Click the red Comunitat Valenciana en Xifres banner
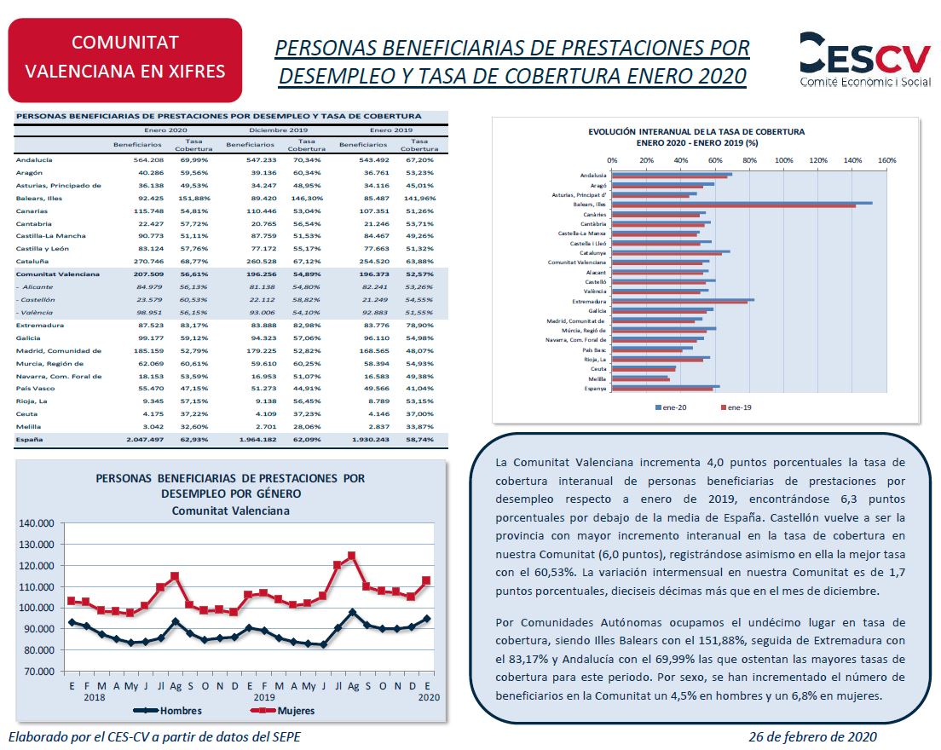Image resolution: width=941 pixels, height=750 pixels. point(125,56)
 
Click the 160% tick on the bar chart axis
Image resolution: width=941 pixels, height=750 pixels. point(886,160)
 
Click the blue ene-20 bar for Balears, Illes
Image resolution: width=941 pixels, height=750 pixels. point(742,203)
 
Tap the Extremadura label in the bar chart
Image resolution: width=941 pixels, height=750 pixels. point(589,301)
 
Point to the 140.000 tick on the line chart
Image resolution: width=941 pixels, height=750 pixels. point(38,523)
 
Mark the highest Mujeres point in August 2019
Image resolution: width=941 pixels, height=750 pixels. point(350,556)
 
